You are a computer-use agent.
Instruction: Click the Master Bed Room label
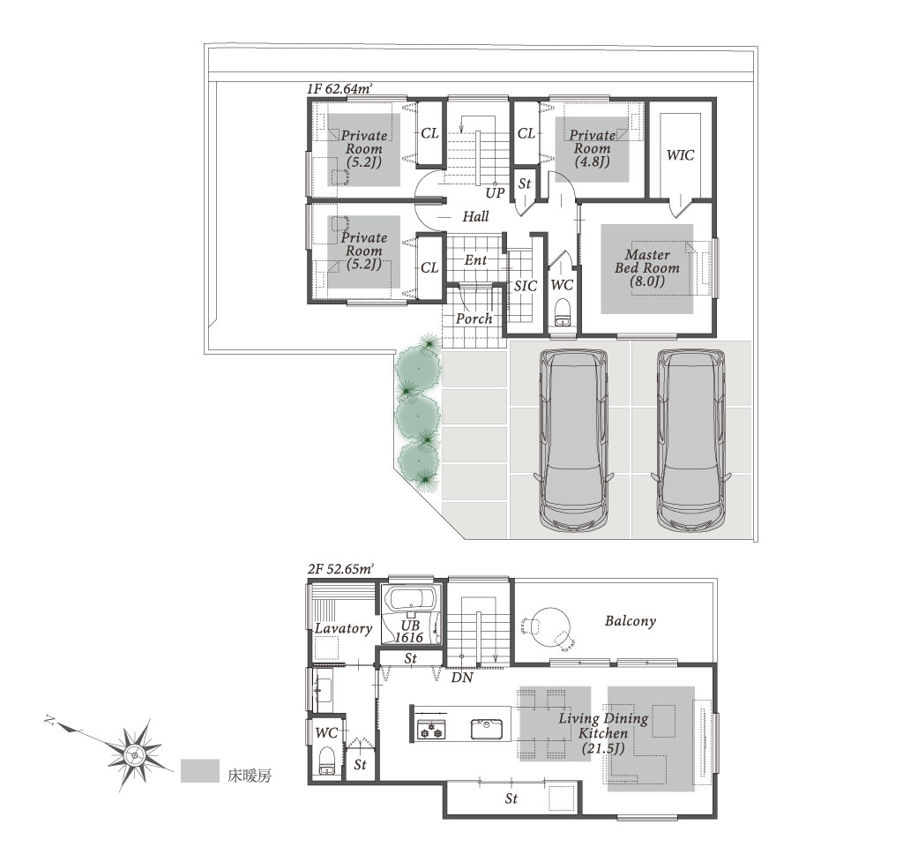(x=647, y=267)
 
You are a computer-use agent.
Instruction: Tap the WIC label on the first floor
(x=680, y=155)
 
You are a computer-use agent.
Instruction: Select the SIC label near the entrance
(x=526, y=287)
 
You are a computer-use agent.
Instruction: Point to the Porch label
(x=474, y=319)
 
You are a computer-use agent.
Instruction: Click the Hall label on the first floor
(x=475, y=217)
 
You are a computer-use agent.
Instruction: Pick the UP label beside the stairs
(x=495, y=193)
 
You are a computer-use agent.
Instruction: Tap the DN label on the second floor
(x=462, y=678)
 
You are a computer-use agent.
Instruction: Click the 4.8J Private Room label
(x=592, y=148)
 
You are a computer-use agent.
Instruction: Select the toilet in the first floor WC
(x=562, y=313)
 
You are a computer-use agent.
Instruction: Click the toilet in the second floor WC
(x=326, y=761)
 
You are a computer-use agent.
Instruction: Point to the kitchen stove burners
(x=431, y=730)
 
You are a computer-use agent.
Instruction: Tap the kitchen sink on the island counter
(x=487, y=729)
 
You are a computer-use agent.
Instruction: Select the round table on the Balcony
(x=550, y=627)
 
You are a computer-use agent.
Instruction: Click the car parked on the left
(x=573, y=439)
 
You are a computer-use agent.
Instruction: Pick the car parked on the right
(x=691, y=439)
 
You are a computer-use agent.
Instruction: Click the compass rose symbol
(x=134, y=754)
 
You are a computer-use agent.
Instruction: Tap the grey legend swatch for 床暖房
(x=200, y=771)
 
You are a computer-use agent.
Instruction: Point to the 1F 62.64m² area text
(x=340, y=89)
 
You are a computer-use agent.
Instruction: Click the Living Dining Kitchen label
(x=603, y=733)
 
